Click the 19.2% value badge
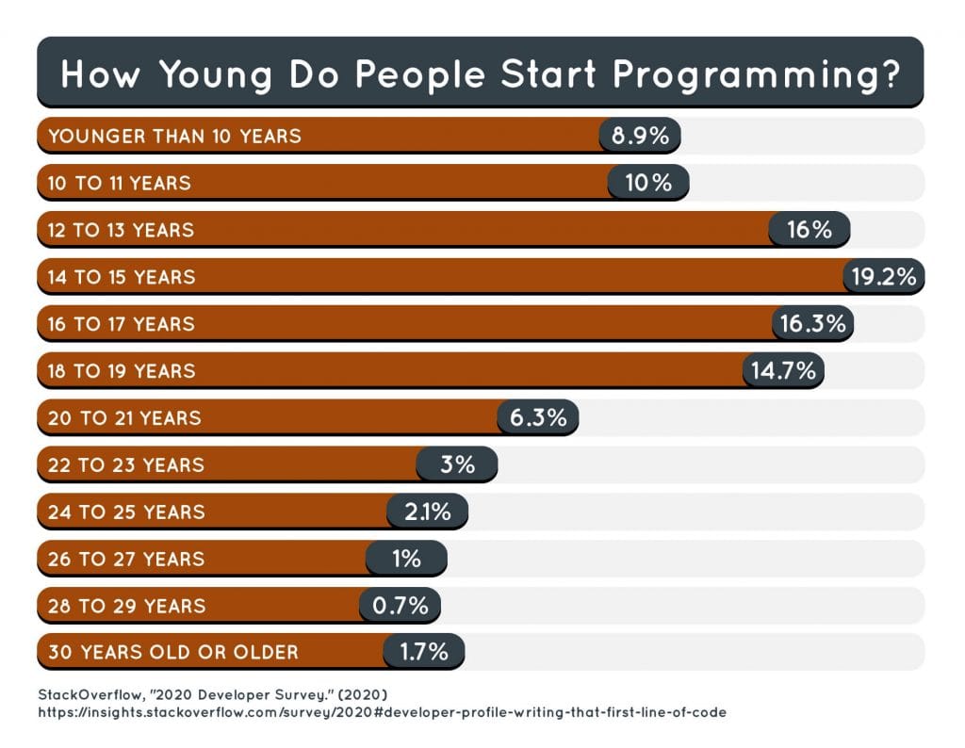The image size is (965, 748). [883, 277]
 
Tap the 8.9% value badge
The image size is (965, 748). [640, 136]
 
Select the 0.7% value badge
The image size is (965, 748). [400, 606]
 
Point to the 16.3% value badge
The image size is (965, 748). [813, 324]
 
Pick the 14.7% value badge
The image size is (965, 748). [783, 371]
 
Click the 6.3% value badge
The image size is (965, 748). [537, 418]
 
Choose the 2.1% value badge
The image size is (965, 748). [427, 512]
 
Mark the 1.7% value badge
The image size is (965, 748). [423, 652]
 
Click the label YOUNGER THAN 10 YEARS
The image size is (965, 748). [174, 136]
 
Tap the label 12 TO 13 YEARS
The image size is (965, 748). [121, 230]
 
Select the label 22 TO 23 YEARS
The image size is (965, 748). [125, 465]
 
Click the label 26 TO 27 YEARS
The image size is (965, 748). [125, 559]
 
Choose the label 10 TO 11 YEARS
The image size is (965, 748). [119, 183]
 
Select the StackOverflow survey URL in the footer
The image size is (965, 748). [382, 713]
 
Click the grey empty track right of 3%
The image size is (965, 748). [707, 465]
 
